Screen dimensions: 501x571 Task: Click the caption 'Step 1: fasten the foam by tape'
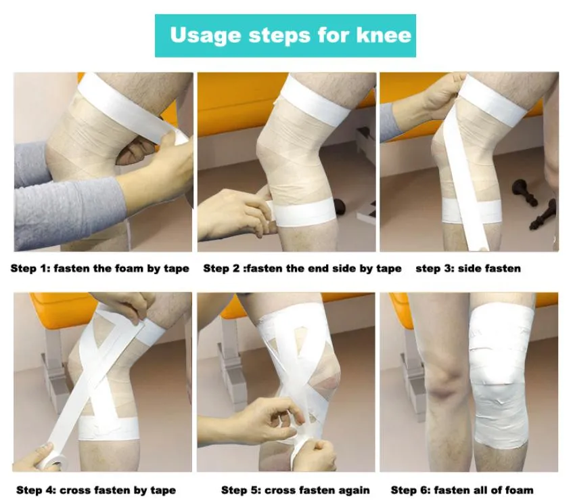pos(99,268)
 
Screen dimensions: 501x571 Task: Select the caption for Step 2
pos(302,268)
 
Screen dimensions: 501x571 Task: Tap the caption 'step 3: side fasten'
pos(468,268)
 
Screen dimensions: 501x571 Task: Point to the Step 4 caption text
pos(96,489)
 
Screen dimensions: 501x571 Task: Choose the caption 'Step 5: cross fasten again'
pos(296,489)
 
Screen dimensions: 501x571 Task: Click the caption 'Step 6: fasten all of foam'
pos(462,489)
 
